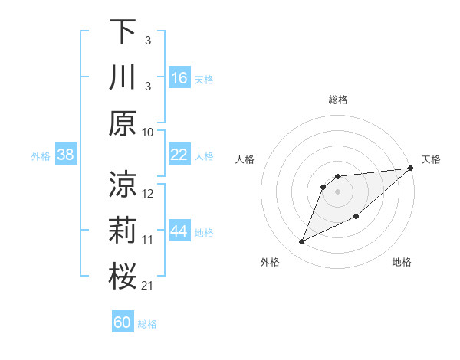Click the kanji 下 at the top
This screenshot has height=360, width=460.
[123, 31]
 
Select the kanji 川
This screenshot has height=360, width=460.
[123, 78]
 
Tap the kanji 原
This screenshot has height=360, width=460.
[123, 124]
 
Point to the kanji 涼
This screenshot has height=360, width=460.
[123, 184]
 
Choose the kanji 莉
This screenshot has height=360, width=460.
[123, 231]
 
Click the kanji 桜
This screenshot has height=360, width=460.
[123, 277]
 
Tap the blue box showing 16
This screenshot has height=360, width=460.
[179, 78]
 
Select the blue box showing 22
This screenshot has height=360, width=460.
[179, 155]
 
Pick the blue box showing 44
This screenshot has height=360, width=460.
[179, 231]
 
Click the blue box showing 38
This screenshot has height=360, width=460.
[66, 155]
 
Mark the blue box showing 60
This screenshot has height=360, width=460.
[123, 322]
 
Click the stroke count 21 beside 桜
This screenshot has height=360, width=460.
[147, 286]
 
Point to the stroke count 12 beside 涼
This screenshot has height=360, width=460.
[148, 193]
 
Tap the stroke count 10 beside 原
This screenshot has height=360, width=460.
[148, 132]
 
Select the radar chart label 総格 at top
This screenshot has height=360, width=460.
[338, 100]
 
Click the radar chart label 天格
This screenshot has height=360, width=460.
[431, 159]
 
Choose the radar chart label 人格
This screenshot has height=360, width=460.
[245, 159]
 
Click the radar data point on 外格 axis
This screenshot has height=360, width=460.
[302, 242]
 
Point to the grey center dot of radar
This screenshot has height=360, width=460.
[337, 191]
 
